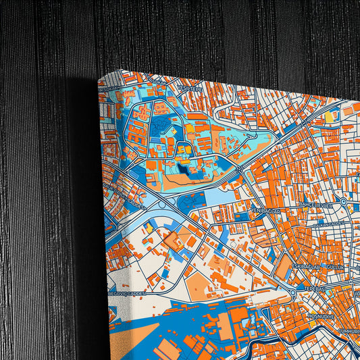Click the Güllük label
coord(335,267)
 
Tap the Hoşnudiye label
coord(303,314)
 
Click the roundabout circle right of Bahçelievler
coord(344,201)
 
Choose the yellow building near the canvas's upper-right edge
coord(329,117)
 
